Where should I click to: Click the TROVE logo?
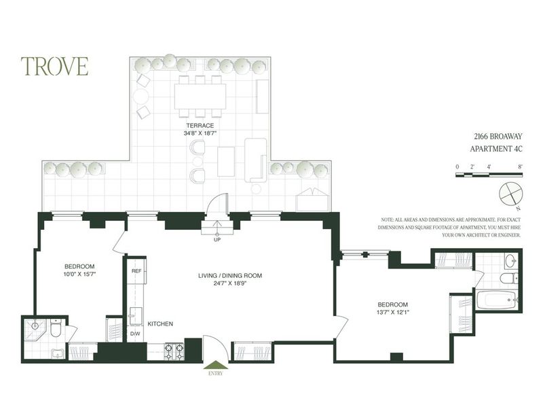coord(54,66)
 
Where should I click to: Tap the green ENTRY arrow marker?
coord(216,365)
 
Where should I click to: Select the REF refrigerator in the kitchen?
coord(137,271)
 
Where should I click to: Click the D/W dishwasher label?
coord(134,334)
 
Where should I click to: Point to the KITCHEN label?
coord(160,324)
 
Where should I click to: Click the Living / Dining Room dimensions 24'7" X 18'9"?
coord(230,283)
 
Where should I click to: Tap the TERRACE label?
coord(200,126)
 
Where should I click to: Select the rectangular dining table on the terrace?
coord(200,97)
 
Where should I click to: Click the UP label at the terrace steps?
coord(217,239)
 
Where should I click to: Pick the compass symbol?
coord(511,194)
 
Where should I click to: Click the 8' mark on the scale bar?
coord(520,167)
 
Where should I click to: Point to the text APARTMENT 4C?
coord(496,149)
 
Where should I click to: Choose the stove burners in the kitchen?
coord(176,351)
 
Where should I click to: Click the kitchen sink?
coord(135,316)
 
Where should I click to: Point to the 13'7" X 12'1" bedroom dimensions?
coord(392,312)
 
